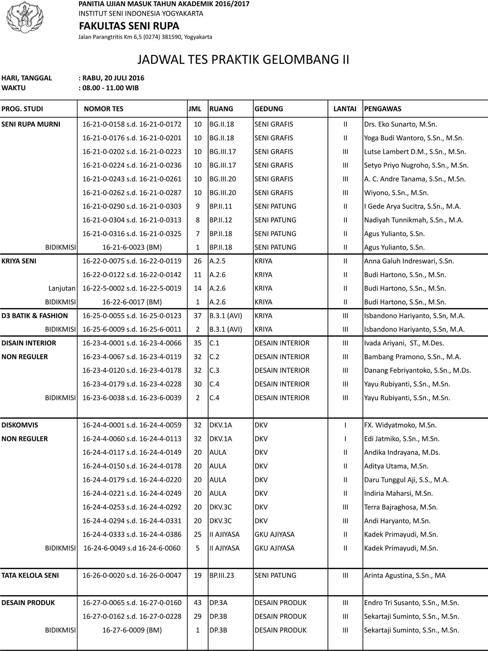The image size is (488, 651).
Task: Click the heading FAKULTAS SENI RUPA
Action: point(129,26)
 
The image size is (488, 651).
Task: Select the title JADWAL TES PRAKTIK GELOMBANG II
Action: point(243,60)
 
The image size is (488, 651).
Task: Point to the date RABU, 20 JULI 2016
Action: point(113,78)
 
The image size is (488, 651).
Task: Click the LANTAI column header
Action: point(345,109)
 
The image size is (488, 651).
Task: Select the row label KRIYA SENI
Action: point(19,261)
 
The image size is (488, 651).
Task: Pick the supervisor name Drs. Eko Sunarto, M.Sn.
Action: point(401,124)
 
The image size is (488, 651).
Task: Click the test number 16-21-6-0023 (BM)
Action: point(132,247)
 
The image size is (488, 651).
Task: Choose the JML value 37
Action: point(198,316)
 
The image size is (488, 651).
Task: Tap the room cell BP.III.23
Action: point(222,575)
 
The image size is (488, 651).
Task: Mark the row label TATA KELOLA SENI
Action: point(30,575)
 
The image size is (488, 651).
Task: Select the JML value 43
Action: point(198,603)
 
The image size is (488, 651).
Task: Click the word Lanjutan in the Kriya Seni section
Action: point(62,288)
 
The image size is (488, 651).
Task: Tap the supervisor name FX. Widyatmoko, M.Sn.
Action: point(400,425)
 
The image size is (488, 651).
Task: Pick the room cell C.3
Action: point(214,370)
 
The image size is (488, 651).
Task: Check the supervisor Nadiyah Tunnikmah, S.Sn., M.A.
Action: point(414,220)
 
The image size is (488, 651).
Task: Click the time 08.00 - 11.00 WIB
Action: point(110,88)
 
